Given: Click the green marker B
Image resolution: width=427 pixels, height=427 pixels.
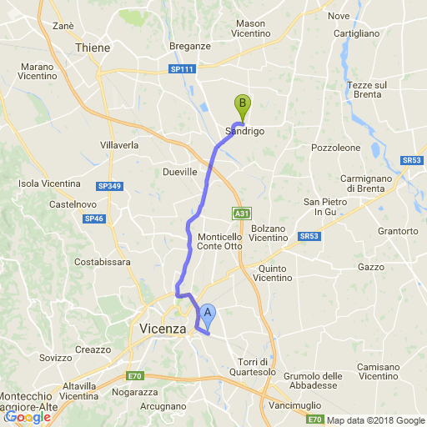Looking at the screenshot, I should tap(243, 105).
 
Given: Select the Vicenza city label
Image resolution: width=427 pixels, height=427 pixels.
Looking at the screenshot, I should tap(163, 329).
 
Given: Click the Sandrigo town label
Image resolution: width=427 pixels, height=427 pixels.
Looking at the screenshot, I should tap(244, 132).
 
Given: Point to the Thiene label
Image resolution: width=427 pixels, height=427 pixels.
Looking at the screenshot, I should tap(93, 48).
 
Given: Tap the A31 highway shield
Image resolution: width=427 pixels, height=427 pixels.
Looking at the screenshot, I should tap(241, 213).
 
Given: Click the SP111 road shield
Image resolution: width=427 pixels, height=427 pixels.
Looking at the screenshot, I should tap(181, 69).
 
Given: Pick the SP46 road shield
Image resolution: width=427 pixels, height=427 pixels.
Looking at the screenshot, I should tap(93, 219).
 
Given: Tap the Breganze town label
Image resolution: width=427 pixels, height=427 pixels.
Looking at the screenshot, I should tap(190, 47).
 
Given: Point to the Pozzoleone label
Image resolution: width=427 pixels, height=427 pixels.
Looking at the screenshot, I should tap(335, 147).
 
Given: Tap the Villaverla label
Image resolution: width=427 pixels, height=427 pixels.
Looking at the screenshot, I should tap(119, 144).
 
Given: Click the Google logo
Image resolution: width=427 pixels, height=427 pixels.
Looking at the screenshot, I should tap(28, 417).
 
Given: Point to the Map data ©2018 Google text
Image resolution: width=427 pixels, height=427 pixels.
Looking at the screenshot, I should tap(376, 419).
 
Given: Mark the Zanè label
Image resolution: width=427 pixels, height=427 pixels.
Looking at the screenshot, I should tap(63, 26).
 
